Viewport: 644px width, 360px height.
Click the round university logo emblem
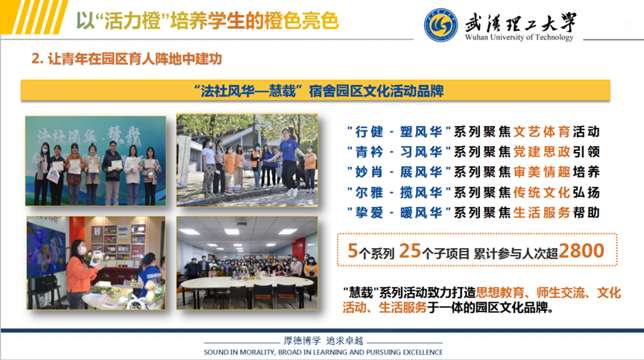pos(441,25)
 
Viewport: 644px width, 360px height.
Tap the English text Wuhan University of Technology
pos(519,37)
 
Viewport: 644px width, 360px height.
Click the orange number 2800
pos(581,250)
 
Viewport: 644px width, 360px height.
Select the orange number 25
pos(409,250)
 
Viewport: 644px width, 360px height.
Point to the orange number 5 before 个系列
pos(353,250)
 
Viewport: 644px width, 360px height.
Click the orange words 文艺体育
pos(542,132)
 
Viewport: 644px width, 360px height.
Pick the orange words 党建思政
pos(542,152)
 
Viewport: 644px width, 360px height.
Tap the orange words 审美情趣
pos(542,172)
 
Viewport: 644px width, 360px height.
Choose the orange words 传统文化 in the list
pos(542,192)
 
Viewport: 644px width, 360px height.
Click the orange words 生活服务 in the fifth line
pos(542,212)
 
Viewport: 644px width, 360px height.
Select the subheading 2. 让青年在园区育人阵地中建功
pos(127,59)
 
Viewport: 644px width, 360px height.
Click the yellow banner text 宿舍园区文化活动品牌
pos(376,91)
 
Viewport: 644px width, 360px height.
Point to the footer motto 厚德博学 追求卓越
pos(323,341)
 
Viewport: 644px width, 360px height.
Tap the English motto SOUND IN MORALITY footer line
pos(323,353)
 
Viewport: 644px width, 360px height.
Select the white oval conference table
pos(247,282)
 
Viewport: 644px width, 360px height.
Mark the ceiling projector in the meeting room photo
pos(242,224)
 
